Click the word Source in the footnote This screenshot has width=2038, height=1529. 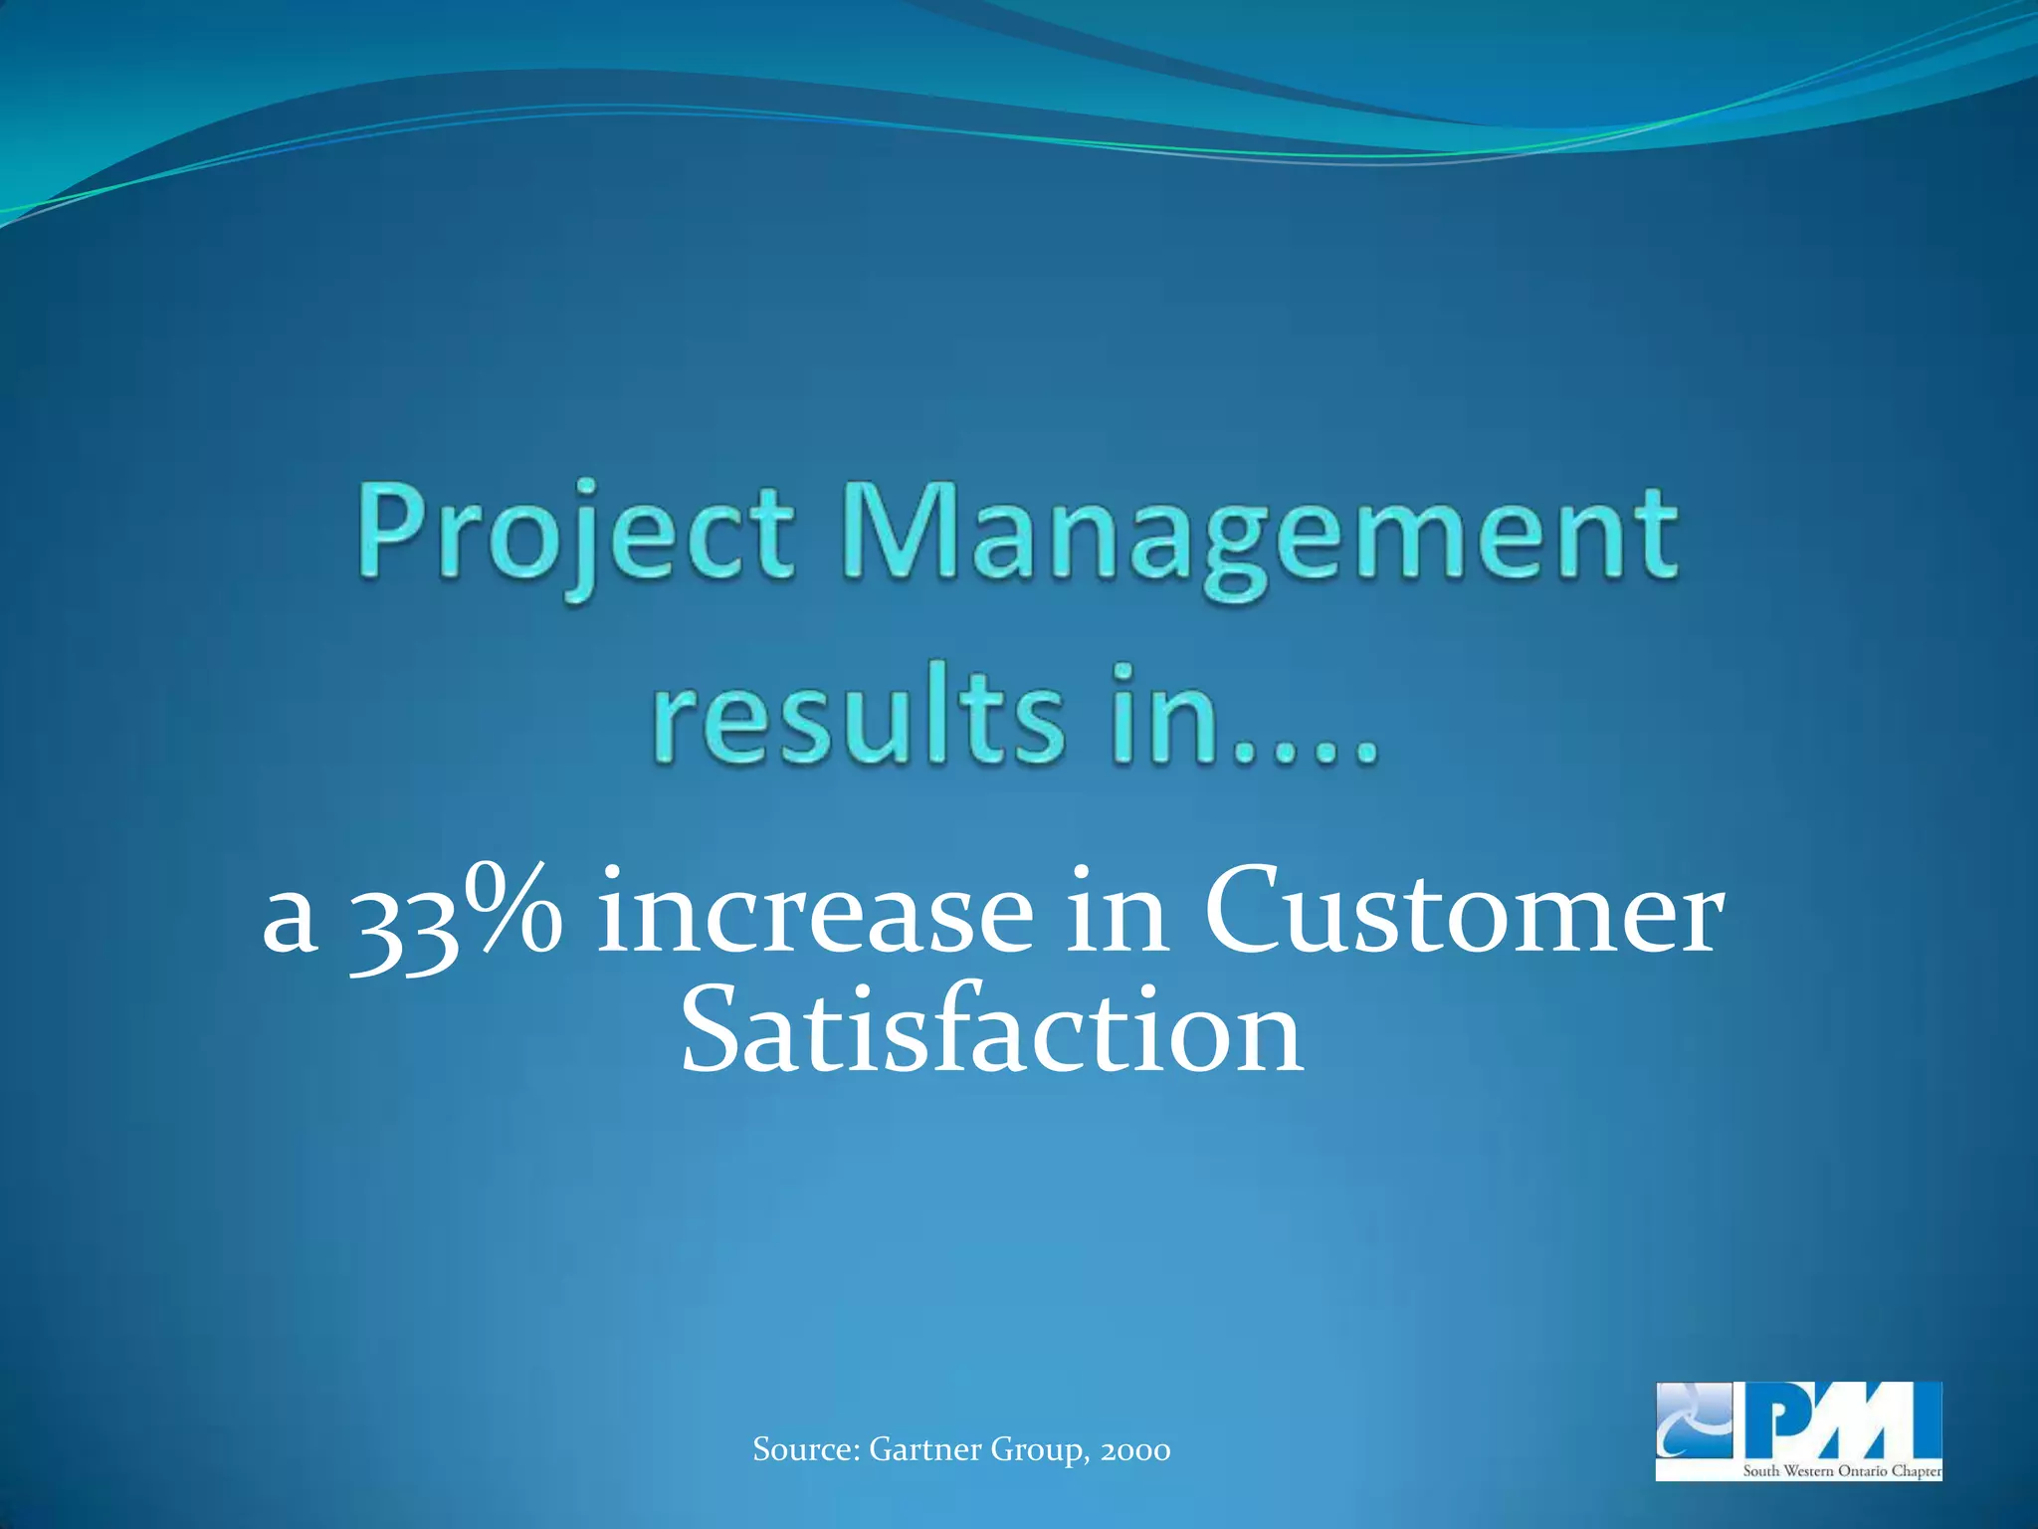(805, 1449)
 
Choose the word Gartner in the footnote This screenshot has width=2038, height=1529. (924, 1449)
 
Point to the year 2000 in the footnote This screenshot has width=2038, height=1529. (1135, 1450)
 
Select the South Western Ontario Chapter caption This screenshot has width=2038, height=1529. (1841, 1470)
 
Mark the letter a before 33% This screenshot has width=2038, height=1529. (290, 921)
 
